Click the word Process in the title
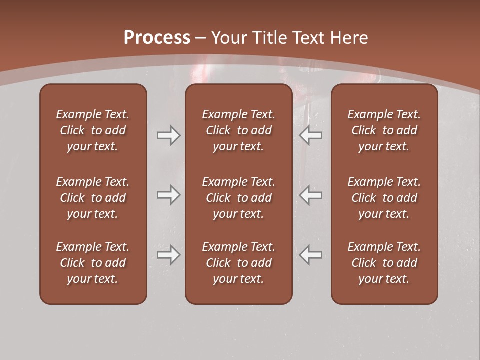click(x=157, y=38)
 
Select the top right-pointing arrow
click(x=168, y=135)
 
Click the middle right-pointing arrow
click(x=168, y=195)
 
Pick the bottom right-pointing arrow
click(x=168, y=255)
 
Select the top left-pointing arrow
click(x=311, y=135)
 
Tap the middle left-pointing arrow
click(x=311, y=195)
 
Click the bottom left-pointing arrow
click(x=311, y=255)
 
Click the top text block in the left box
click(x=93, y=130)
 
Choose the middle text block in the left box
click(x=93, y=198)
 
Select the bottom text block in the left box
click(x=93, y=263)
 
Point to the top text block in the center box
click(x=238, y=130)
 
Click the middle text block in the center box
click(x=238, y=198)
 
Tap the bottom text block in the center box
click(x=238, y=263)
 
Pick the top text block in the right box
click(x=384, y=130)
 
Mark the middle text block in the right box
click(x=384, y=198)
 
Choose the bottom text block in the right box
click(x=384, y=263)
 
